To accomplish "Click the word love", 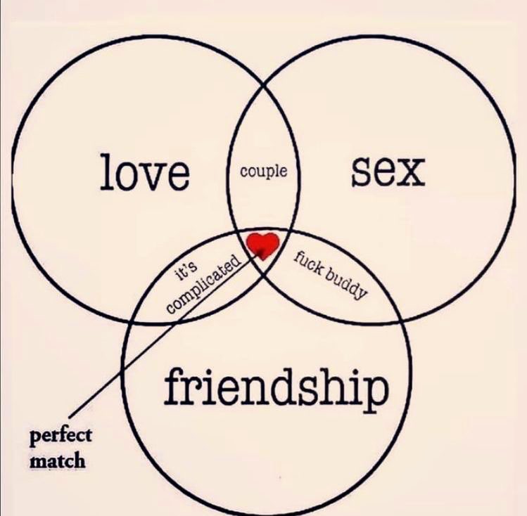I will pyautogui.click(x=145, y=172).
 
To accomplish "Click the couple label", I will pyautogui.click(x=263, y=170).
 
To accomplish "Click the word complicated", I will pyautogui.click(x=205, y=285).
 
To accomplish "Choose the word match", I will pyautogui.click(x=57, y=461).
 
